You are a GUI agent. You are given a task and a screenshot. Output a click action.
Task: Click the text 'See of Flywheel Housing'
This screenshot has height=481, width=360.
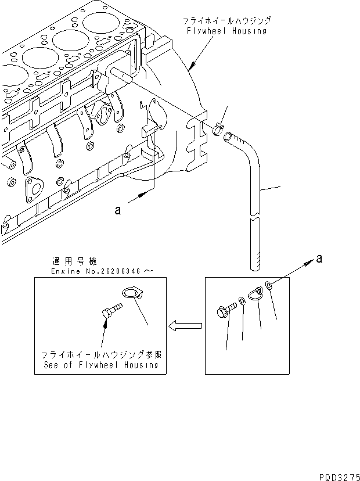pyautogui.click(x=100, y=365)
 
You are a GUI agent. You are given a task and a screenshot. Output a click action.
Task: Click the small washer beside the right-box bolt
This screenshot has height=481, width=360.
pyautogui.click(x=242, y=305)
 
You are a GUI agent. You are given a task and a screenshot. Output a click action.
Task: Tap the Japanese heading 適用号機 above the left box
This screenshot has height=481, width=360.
pyautogui.click(x=68, y=262)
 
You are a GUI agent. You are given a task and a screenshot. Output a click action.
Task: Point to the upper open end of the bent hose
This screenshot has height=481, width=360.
pyautogui.click(x=227, y=137)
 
